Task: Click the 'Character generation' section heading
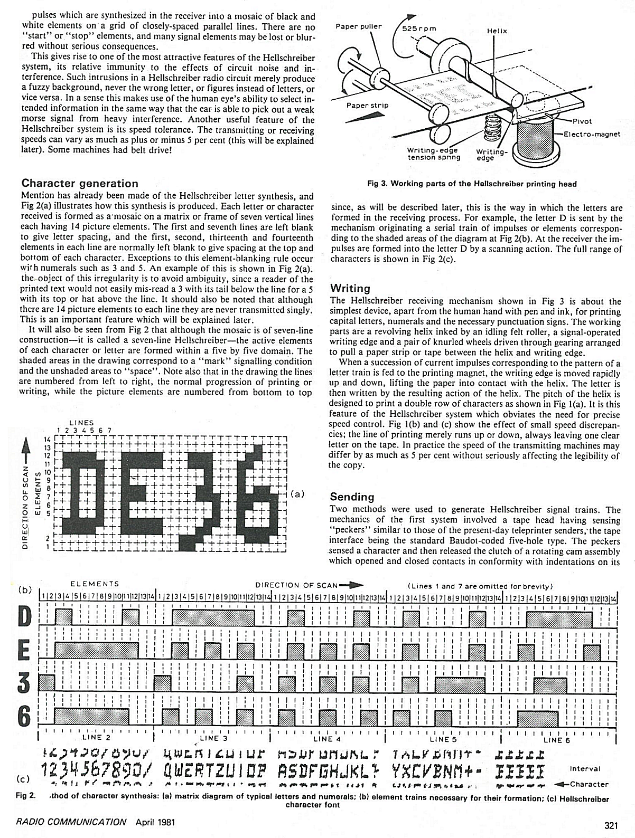[80, 183]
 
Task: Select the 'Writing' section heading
[350, 288]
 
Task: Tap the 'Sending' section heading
[352, 497]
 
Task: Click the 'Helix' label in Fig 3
[497, 31]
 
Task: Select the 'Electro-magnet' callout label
[591, 134]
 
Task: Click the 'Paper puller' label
[359, 26]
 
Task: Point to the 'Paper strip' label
[367, 105]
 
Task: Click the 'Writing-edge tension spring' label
[434, 154]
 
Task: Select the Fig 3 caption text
[472, 184]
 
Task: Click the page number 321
[612, 822]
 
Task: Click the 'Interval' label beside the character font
[585, 769]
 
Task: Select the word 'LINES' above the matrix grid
[81, 423]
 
